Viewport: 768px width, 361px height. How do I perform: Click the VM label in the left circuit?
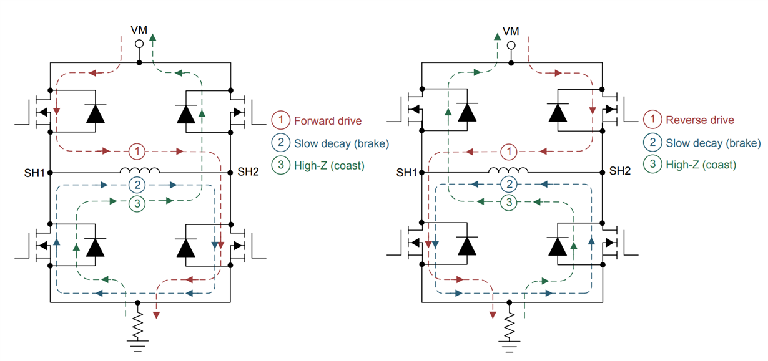[x=139, y=31]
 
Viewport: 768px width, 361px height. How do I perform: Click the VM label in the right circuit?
[x=511, y=31]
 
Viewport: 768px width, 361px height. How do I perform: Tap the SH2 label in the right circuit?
[x=619, y=171]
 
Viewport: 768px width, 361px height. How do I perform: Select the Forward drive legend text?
[x=328, y=120]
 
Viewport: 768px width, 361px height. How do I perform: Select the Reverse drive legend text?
[x=700, y=120]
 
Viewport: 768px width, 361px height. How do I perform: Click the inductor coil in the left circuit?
[x=140, y=171]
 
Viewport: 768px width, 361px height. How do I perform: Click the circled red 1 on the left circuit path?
[x=139, y=151]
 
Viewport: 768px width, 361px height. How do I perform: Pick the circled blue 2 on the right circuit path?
[x=510, y=185]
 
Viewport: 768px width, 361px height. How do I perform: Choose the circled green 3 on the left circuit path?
[x=139, y=202]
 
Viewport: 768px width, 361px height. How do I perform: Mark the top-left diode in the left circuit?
[x=96, y=113]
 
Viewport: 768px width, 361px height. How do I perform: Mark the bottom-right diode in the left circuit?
[x=185, y=247]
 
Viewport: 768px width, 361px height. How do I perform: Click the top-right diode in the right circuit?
[x=558, y=113]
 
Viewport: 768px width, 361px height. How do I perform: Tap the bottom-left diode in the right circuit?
[x=467, y=246]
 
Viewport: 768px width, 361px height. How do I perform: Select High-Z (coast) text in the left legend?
[x=328, y=165]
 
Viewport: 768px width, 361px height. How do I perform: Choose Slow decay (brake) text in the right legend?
[x=713, y=143]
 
